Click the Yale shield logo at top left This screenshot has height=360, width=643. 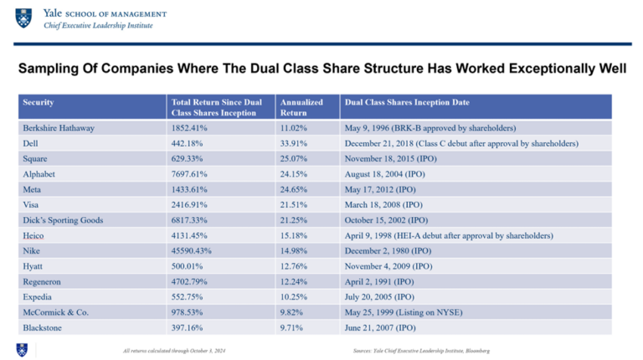click(x=23, y=18)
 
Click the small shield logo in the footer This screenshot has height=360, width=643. click(x=22, y=349)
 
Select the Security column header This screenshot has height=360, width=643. click(x=39, y=102)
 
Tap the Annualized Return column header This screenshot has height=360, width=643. click(x=301, y=106)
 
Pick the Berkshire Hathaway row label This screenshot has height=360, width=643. click(x=59, y=128)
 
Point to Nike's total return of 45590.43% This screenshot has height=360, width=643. click(x=195, y=251)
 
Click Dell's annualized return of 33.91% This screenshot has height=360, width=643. click(x=293, y=143)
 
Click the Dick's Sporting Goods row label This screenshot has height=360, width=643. click(x=64, y=220)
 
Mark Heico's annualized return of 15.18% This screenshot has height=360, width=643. click(x=293, y=236)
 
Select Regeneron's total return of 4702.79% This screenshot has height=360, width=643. click(x=192, y=282)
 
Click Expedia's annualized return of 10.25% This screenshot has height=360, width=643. click(x=293, y=297)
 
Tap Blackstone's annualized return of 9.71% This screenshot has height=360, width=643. click(x=291, y=328)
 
